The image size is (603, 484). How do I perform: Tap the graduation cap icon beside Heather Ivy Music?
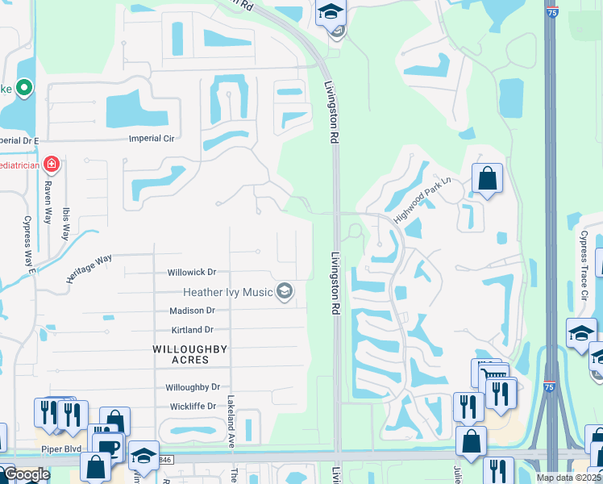click(x=284, y=291)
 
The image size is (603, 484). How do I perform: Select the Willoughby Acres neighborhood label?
click(x=190, y=354)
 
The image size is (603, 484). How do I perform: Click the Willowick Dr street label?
click(x=193, y=273)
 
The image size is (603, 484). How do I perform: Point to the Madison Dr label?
click(x=192, y=311)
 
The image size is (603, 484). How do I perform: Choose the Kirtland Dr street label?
click(x=192, y=330)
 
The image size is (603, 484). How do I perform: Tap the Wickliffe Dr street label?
click(x=191, y=407)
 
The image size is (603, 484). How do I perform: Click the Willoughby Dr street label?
click(x=193, y=388)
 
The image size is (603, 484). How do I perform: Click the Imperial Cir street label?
click(x=152, y=139)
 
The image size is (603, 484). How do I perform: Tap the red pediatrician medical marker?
click(x=52, y=165)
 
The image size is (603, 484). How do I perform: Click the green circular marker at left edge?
click(x=23, y=88)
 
